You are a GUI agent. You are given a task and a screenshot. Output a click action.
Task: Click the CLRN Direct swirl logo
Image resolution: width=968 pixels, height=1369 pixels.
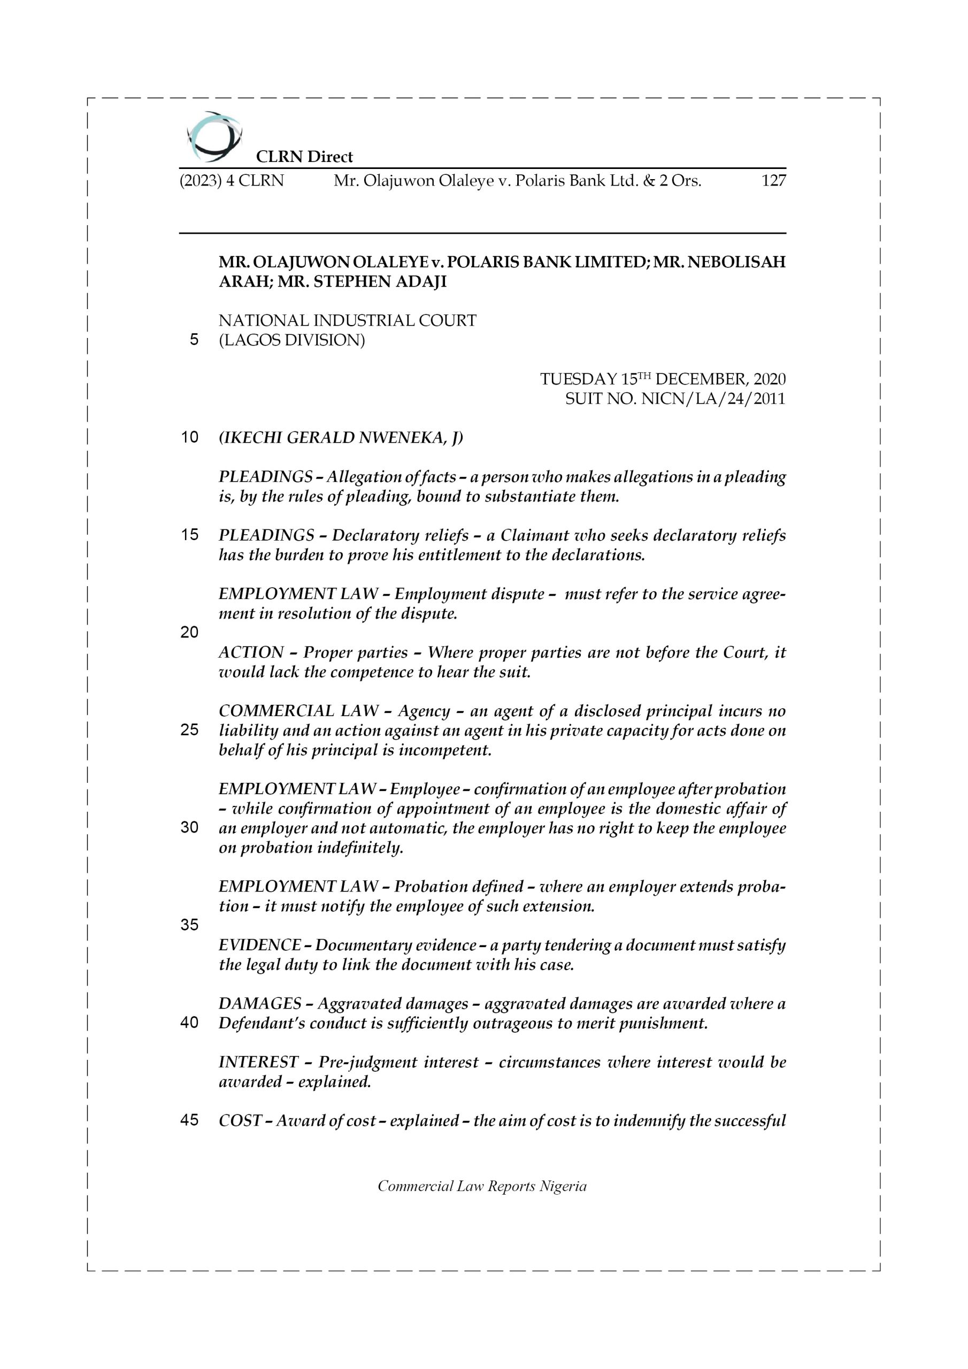pos(213,136)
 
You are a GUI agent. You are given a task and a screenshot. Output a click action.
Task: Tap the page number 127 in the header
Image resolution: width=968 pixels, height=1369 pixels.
pos(773,180)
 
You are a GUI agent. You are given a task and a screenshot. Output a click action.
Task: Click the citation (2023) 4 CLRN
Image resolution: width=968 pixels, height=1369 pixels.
pos(232,180)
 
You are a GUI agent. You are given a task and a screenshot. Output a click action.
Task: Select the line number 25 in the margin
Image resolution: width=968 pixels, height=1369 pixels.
pos(189,730)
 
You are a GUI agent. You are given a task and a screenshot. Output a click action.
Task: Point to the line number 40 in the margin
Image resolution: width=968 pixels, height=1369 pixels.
pos(189,1022)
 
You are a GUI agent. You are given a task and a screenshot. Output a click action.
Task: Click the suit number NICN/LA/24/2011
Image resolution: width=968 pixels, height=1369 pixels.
pos(713,399)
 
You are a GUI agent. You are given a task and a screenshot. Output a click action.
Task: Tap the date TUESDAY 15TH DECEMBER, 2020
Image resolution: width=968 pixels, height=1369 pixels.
pos(663,379)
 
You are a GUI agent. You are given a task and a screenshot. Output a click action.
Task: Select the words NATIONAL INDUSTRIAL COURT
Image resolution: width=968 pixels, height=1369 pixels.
pos(347,320)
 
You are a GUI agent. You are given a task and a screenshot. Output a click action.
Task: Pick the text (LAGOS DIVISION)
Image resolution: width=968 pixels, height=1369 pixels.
pos(291,340)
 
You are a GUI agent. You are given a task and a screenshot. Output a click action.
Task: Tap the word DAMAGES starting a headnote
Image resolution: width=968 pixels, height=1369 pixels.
pos(260,1004)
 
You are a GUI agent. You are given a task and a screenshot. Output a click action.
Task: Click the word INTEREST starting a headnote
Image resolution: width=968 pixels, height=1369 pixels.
pos(258,1062)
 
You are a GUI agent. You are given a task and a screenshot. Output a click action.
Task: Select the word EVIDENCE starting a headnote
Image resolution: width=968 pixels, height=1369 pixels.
pos(259,945)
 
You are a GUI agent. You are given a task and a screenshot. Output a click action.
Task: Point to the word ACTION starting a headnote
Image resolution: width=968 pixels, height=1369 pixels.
pos(251,652)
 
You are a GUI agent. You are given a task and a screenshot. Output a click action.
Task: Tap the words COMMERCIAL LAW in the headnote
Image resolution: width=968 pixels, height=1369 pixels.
pos(298,711)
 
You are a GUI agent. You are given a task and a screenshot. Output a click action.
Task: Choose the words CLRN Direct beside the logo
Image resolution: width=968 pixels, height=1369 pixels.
pos(304,157)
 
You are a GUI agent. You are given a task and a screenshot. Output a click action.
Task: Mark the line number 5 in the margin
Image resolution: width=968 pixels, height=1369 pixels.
pos(194,340)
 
